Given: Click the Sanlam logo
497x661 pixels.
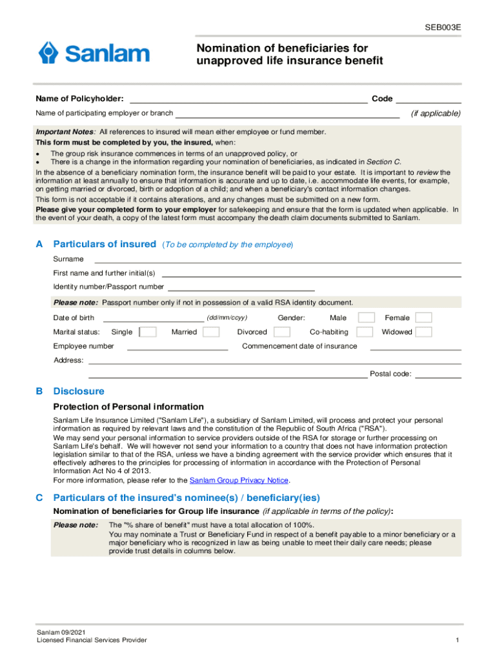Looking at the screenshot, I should coord(94,53).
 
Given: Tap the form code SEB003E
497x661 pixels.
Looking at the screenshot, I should coord(443,28).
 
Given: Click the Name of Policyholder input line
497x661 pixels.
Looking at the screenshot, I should coord(249,100).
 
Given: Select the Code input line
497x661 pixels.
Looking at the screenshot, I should coord(429,100).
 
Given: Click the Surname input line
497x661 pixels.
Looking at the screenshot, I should coord(278,260).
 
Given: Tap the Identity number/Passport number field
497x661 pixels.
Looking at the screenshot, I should coord(241,288).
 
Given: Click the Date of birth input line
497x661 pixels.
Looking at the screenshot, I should coord(153,318).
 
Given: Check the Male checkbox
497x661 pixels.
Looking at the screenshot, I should coord(366,318).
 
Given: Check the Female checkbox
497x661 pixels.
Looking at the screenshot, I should coord(423,318).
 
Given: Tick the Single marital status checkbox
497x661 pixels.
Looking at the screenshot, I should coord(148,332).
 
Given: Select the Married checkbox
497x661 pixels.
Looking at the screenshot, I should coord(210,332).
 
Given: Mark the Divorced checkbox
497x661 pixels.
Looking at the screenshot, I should coord(281,332).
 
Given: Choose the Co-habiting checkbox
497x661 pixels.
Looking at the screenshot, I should coord(365,332).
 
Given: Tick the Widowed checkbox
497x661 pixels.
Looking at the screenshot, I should coord(423,332).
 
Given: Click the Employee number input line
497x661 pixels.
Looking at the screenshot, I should coord(177,347).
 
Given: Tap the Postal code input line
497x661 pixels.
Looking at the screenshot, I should coord(438,375).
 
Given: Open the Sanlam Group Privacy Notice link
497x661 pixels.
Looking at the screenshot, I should coord(239,480).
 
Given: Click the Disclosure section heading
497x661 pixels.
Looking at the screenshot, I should coord(78,391).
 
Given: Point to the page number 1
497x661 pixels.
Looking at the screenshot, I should coord(456,640).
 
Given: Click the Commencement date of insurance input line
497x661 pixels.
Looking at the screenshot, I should coord(416,347).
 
